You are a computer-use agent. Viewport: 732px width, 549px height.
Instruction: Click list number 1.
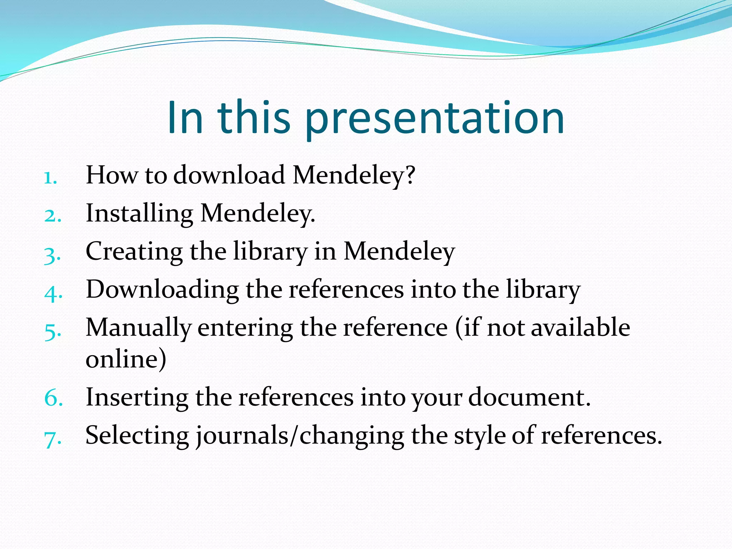pos(50,178)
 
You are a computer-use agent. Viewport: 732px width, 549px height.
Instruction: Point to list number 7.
pos(53,439)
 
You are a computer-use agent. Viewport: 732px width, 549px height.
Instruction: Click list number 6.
pos(53,399)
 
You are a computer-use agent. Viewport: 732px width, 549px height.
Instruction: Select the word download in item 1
pos(229,175)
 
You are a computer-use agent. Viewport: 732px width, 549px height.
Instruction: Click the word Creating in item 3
pos(134,252)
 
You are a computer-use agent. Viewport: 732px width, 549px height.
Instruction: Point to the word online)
pos(126,359)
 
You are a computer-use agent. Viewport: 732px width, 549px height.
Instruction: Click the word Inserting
pos(137,398)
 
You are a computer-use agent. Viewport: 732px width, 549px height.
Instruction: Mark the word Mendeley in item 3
pos(399,252)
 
